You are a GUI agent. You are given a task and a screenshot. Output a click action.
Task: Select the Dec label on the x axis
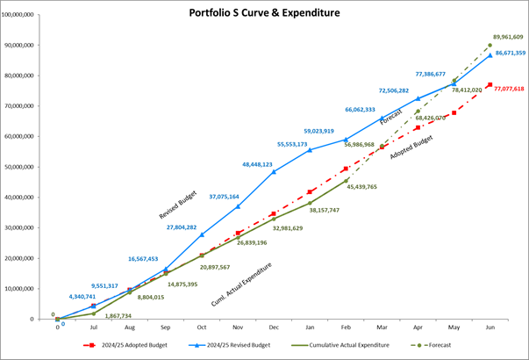274,327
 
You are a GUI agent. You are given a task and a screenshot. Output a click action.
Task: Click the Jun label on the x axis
490,327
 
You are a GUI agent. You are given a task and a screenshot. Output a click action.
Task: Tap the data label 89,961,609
508,37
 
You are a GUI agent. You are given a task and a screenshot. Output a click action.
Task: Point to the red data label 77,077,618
509,89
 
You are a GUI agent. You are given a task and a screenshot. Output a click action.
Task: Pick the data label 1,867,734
112,315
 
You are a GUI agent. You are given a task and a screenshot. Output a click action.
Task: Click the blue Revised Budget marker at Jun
490,55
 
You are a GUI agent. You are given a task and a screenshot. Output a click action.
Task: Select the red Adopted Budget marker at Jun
490,84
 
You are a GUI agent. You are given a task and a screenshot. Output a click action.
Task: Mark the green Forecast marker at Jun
490,45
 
